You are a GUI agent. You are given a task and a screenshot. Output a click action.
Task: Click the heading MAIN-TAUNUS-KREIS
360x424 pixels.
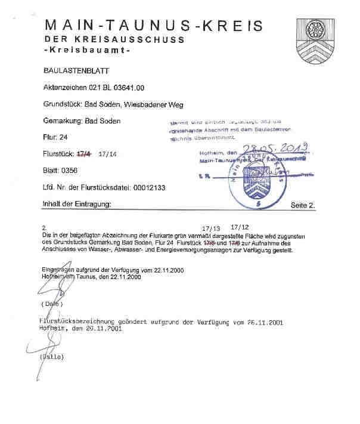[x=153, y=26]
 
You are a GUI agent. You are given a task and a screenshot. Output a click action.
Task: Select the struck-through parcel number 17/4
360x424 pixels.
[x=84, y=154]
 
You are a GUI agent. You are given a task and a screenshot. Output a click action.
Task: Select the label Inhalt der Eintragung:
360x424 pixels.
[x=77, y=204]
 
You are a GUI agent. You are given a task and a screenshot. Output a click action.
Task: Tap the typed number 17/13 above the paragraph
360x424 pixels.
[x=212, y=228]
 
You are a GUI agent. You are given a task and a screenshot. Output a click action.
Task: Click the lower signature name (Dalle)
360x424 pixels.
[x=51, y=357]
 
